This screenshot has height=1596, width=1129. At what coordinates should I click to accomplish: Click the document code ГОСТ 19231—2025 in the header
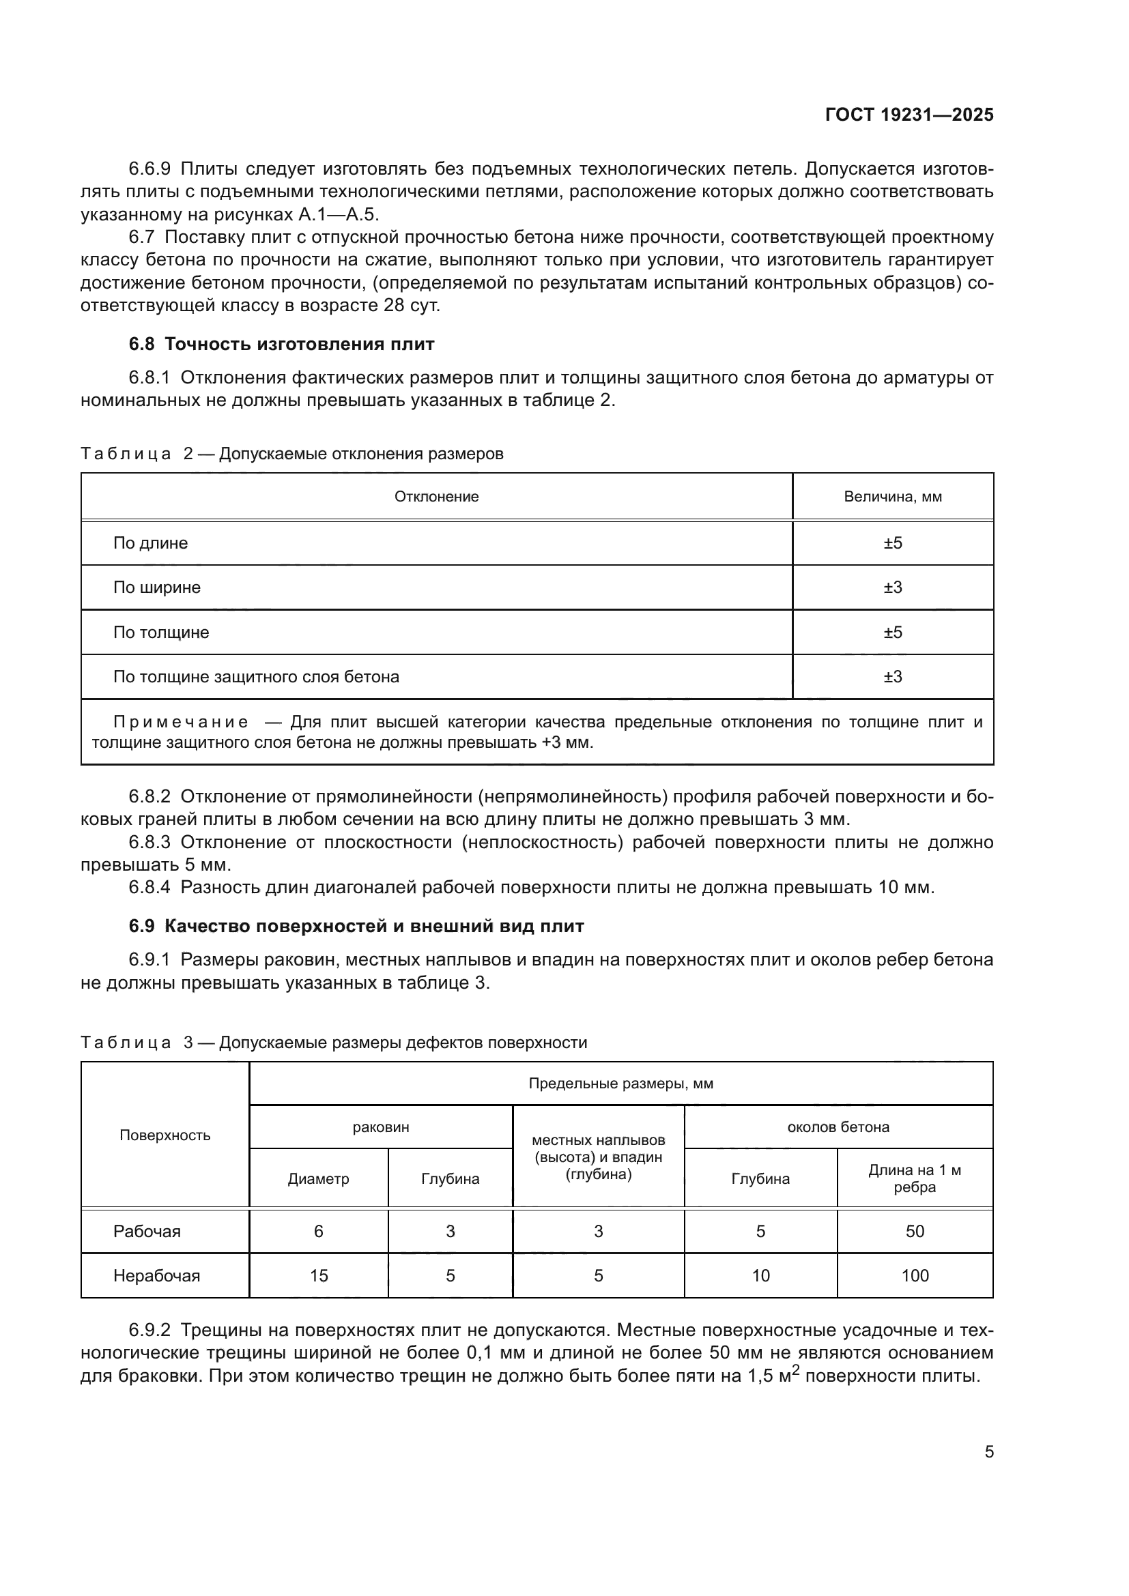(909, 115)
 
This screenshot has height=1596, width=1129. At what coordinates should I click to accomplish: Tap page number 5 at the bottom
(988, 1451)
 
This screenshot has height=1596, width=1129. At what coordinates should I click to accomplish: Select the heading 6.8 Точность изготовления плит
(281, 344)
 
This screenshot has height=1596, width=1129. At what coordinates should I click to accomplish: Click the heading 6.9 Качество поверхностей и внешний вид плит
(356, 926)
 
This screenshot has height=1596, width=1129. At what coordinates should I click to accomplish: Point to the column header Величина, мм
(893, 496)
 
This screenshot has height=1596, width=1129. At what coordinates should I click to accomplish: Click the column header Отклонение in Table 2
(437, 496)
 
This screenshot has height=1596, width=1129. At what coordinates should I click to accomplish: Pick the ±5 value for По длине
(893, 543)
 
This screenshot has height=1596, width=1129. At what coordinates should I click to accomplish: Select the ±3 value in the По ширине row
(893, 587)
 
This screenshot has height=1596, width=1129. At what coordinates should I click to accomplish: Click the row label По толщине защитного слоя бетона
(256, 676)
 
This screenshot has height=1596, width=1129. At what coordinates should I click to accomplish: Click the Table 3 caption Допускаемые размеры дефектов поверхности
(403, 1043)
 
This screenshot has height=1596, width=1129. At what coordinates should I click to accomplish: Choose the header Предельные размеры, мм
(620, 1084)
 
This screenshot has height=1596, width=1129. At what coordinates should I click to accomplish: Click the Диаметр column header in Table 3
(318, 1179)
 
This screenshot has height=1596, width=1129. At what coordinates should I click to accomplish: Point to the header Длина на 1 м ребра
(914, 1178)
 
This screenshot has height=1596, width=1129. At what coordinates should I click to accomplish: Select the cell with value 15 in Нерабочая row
(318, 1275)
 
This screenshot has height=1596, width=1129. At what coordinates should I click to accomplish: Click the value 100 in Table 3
(915, 1275)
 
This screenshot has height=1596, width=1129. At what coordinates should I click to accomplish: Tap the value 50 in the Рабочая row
(915, 1231)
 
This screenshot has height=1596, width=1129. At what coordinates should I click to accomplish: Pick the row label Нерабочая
(156, 1275)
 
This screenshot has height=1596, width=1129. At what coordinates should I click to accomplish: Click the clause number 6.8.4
(149, 887)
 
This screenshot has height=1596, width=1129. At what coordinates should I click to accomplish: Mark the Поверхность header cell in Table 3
(165, 1135)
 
